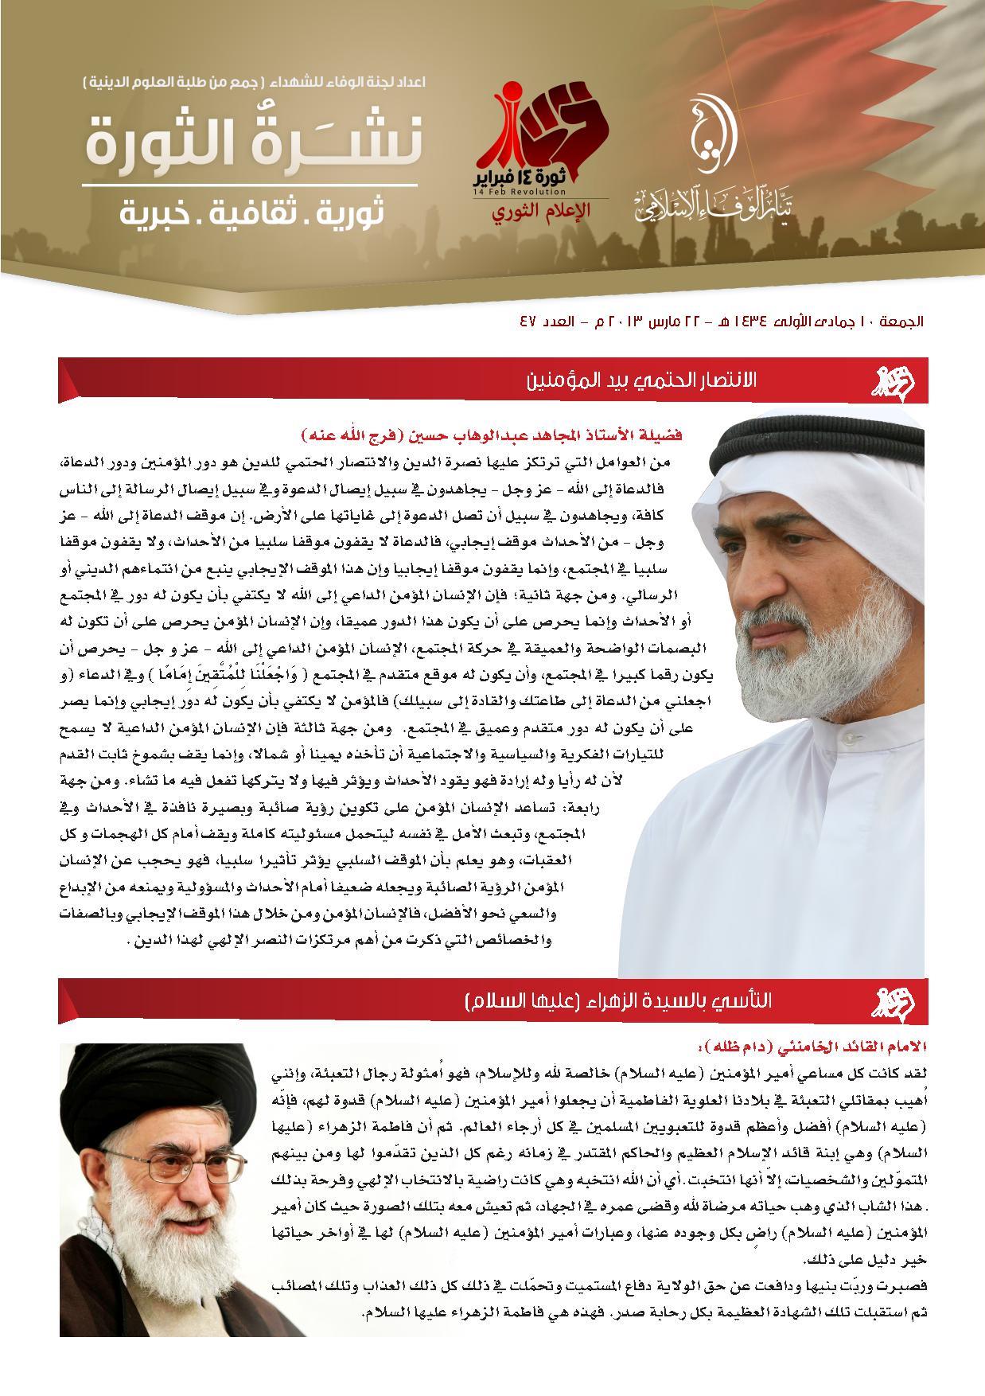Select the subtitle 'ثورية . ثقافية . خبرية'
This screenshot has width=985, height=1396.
(x=251, y=213)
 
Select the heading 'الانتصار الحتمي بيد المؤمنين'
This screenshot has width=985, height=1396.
(x=642, y=380)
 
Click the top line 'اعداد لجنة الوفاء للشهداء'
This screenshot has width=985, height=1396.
(x=255, y=82)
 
